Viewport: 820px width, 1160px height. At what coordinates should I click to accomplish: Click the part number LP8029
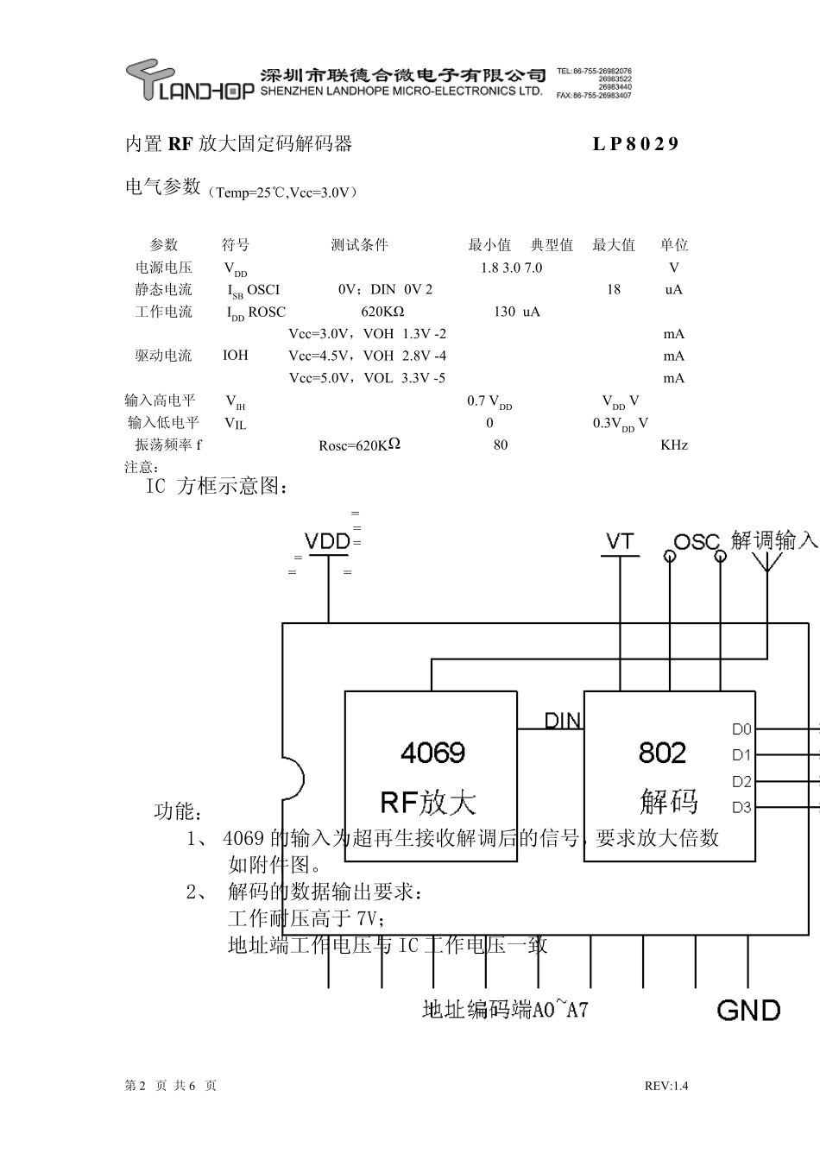pos(635,144)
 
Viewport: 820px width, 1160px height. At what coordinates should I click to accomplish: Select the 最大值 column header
pos(613,245)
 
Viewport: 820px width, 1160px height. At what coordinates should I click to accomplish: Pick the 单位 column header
pos(674,245)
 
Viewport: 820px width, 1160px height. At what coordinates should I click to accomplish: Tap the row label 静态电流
pos(163,290)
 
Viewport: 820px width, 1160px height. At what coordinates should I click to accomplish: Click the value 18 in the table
pos(613,290)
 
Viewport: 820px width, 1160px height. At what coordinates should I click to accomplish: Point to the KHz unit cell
pos(674,445)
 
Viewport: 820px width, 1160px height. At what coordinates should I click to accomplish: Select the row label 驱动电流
pos(163,356)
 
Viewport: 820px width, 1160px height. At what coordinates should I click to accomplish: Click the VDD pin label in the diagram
pos(327,541)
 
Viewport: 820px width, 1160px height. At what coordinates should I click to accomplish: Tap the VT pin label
pos(620,542)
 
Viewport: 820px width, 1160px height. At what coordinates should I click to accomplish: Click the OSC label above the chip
pos(696,542)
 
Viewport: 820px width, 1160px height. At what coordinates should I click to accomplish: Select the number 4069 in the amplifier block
pos(432,753)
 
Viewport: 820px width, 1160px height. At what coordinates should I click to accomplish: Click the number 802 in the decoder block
pos(662,753)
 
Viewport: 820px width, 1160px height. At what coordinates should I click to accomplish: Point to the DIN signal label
pos(562,721)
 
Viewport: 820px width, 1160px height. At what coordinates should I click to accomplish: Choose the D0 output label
pos(741,729)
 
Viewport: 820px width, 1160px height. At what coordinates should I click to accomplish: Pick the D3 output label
pos(741,808)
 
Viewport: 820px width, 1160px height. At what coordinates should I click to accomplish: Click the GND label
pos(748,1010)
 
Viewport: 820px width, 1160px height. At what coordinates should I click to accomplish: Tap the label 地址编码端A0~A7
pos(505,1009)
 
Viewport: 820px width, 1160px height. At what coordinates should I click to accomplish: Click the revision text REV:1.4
pos(666,1087)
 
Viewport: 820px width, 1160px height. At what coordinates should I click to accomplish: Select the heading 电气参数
pos(163,186)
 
